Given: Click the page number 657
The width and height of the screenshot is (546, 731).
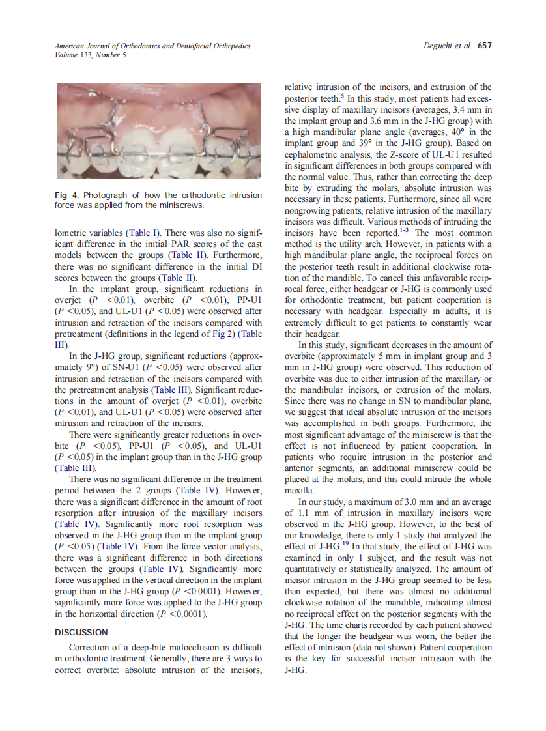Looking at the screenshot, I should point(484,46).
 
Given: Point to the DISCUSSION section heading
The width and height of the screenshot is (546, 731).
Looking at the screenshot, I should point(81,632).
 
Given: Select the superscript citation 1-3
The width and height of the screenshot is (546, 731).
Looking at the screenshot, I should point(405,231).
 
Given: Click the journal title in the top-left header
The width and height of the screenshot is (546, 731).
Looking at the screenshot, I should point(152,46).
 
